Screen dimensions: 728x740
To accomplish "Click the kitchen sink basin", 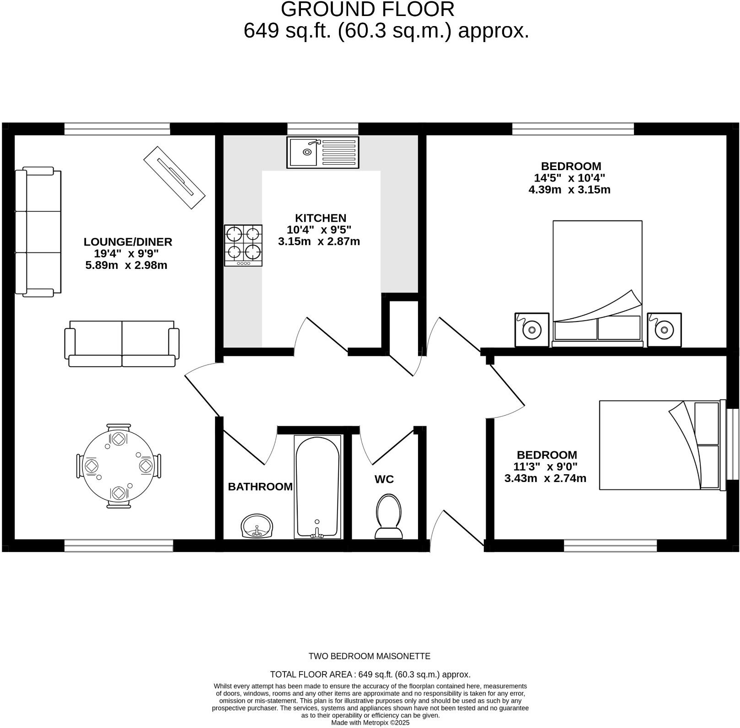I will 303,152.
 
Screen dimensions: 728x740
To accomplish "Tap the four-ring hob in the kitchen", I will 243,245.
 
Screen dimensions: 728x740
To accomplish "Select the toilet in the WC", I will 388,517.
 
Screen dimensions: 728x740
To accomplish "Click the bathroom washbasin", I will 257,526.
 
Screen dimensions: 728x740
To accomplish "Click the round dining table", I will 118,466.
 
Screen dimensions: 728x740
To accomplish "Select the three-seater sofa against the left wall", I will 38,232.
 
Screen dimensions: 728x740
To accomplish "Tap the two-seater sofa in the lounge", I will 122,343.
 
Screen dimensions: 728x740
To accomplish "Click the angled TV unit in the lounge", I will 174,177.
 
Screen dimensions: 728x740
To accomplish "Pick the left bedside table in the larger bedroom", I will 531,329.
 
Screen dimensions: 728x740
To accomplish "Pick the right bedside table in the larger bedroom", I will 664,329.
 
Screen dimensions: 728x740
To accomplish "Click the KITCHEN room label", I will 320,218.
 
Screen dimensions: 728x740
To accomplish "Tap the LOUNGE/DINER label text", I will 128,242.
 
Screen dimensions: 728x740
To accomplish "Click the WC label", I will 384,479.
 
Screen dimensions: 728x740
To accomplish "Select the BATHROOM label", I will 260,487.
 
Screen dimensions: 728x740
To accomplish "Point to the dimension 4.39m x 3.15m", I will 569,190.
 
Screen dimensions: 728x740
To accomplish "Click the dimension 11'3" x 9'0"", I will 547,467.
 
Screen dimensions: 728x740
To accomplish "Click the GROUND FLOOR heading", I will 367,10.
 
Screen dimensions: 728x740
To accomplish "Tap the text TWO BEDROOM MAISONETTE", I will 369,656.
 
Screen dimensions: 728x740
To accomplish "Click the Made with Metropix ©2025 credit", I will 370,723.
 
